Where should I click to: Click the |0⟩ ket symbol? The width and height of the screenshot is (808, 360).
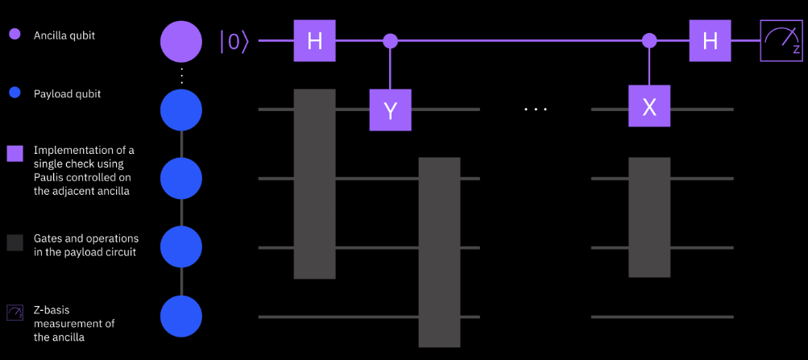tap(234, 41)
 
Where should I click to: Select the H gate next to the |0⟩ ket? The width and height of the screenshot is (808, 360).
tap(315, 41)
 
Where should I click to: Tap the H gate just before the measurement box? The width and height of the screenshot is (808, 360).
tap(710, 41)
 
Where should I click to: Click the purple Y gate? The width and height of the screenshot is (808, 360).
tap(391, 110)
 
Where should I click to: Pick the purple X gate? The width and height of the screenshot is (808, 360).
tap(649, 106)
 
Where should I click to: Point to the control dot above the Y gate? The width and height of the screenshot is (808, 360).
tap(391, 40)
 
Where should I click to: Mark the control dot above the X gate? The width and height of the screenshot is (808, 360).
tap(649, 40)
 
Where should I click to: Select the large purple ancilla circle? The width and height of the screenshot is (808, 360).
tap(181, 41)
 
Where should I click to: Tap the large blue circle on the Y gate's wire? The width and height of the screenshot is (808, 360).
tap(181, 110)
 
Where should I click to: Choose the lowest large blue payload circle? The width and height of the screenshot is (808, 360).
tap(181, 317)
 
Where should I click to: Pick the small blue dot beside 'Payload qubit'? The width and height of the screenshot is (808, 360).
tap(15, 95)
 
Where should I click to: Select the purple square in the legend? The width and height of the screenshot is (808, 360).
tap(15, 154)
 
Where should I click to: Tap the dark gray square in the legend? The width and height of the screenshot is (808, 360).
tap(15, 242)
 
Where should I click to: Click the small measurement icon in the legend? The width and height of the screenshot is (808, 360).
tap(15, 312)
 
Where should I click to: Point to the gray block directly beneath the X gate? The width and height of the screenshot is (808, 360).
tap(649, 217)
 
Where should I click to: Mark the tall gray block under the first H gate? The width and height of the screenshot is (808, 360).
tap(315, 184)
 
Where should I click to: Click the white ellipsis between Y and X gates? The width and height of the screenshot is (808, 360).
tap(535, 110)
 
